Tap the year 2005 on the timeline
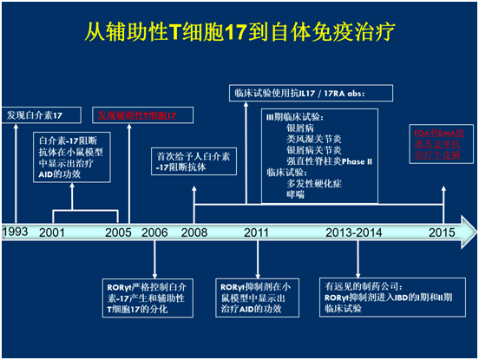click(117, 232)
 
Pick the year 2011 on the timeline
click(256, 232)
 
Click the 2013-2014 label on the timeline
click(353, 232)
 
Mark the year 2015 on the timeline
click(442, 232)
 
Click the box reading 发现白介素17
click(34, 115)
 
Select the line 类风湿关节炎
click(312, 138)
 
